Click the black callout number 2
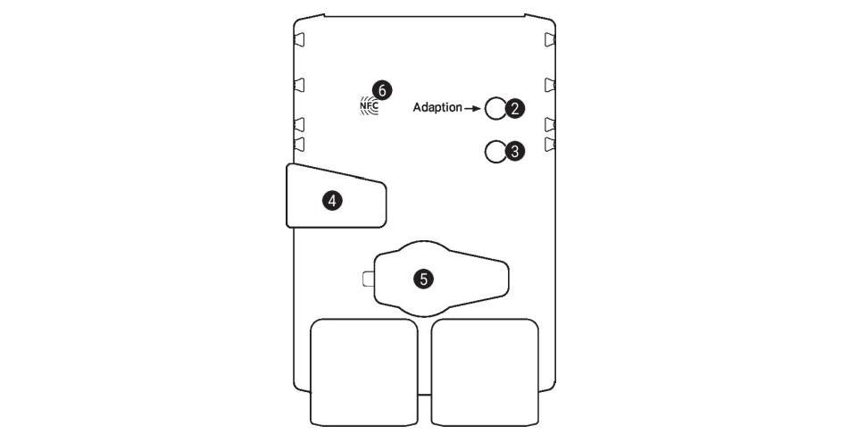tap(514, 108)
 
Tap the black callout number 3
tap(514, 152)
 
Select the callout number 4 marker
tap(332, 201)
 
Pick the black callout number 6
tap(382, 89)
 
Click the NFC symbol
tap(369, 104)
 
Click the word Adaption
tap(437, 107)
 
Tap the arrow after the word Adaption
tap(472, 108)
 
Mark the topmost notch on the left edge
tap(300, 40)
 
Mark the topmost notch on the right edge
tap(550, 40)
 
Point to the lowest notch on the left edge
tap(300, 145)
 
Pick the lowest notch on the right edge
tap(550, 145)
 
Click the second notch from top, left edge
tap(300, 85)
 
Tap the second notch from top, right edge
tap(550, 85)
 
